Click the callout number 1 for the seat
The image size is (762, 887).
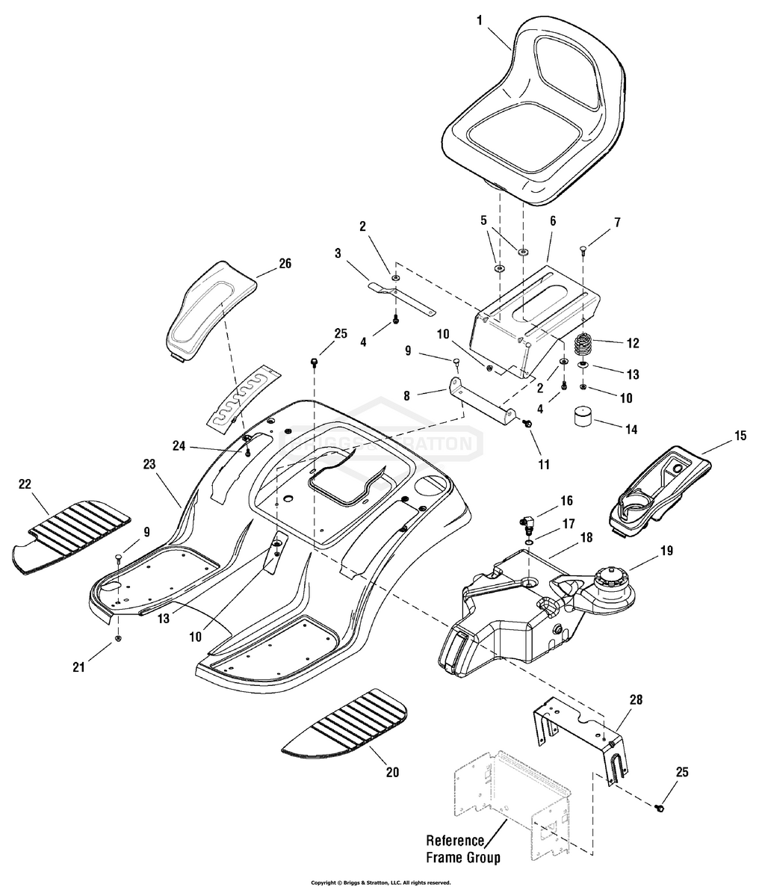[480, 20]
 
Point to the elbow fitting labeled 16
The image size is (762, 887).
[527, 518]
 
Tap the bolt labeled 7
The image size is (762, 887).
[582, 251]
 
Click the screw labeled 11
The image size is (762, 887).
[528, 424]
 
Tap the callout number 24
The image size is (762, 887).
[179, 446]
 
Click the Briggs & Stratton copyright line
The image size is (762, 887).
[380, 882]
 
